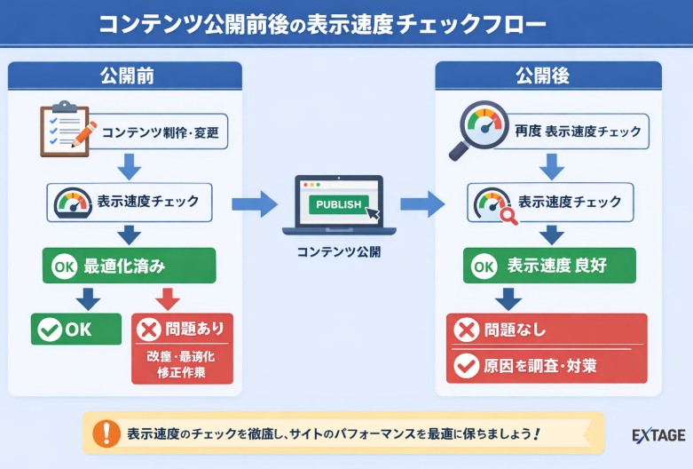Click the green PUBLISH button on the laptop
pos(338,204)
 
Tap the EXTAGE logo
pos(658,435)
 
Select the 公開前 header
pos(126,76)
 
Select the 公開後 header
pos(548,76)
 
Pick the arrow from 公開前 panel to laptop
pos(254,204)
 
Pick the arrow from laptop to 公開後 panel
pos(421,204)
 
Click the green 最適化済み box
pos(130,266)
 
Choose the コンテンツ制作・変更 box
pos(160,134)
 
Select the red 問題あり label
pos(182,330)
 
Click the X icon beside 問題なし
pos(466,330)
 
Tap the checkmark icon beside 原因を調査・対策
pos(466,365)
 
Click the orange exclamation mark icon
pos(106,433)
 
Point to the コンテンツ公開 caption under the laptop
pos(339,251)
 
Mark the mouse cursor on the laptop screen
pos(373,213)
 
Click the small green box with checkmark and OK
pos(75,330)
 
